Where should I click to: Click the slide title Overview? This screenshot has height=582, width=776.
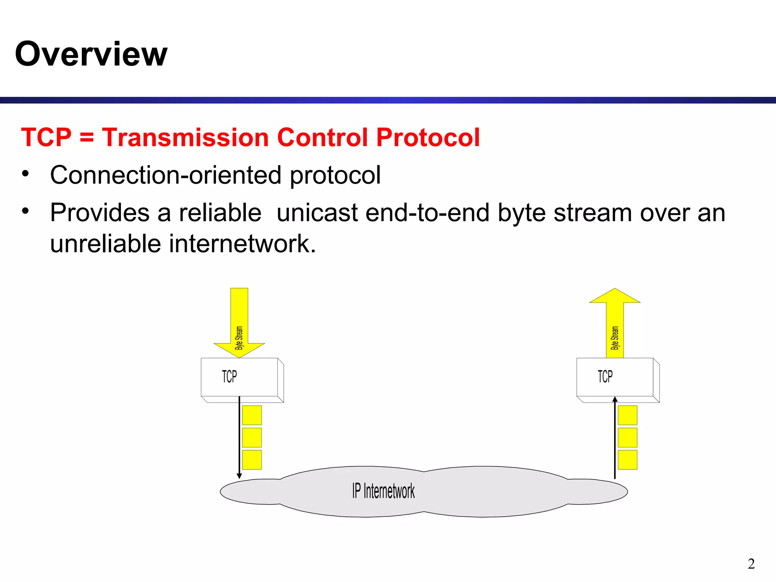point(91,54)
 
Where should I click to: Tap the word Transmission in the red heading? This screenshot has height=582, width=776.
point(185,137)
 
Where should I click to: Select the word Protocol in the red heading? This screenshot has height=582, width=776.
point(428,137)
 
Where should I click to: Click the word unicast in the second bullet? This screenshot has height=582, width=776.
point(317,213)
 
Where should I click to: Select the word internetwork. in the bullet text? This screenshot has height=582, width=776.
point(242,243)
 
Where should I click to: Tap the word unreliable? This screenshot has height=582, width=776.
point(106,243)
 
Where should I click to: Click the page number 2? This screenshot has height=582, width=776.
point(751,564)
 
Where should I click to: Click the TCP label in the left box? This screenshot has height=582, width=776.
point(229,377)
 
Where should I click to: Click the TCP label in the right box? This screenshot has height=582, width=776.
point(605,377)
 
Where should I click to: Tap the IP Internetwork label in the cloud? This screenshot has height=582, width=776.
point(383,491)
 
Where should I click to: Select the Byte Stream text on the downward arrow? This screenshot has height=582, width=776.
point(239,338)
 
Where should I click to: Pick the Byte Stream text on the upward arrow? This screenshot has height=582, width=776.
point(615,338)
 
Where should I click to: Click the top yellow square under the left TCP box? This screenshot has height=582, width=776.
point(252,415)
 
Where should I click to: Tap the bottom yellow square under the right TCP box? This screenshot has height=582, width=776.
point(627,460)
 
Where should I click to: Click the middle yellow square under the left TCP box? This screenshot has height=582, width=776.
point(252,438)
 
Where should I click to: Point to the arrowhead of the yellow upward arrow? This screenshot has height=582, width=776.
point(615,296)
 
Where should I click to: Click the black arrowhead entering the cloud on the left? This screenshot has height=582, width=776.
point(239,476)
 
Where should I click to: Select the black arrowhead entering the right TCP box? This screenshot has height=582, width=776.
point(615,399)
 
